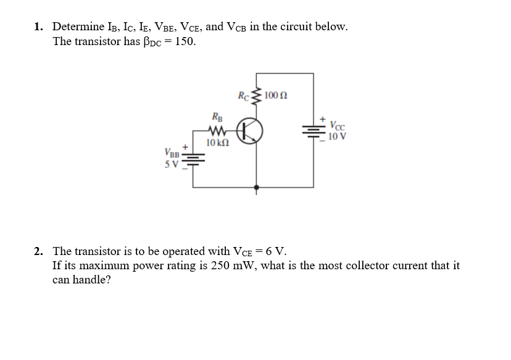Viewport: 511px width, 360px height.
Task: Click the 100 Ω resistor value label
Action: (x=276, y=96)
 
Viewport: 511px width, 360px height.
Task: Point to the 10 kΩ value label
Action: (x=218, y=143)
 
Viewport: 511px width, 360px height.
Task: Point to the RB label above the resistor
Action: (x=217, y=117)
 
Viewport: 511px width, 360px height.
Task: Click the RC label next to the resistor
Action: (x=244, y=96)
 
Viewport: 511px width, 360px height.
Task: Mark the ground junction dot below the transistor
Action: (x=257, y=185)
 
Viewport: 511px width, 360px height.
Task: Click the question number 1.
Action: (x=38, y=27)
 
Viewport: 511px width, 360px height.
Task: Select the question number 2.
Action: (x=38, y=251)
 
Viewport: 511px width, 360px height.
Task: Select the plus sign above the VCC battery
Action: (x=321, y=117)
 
